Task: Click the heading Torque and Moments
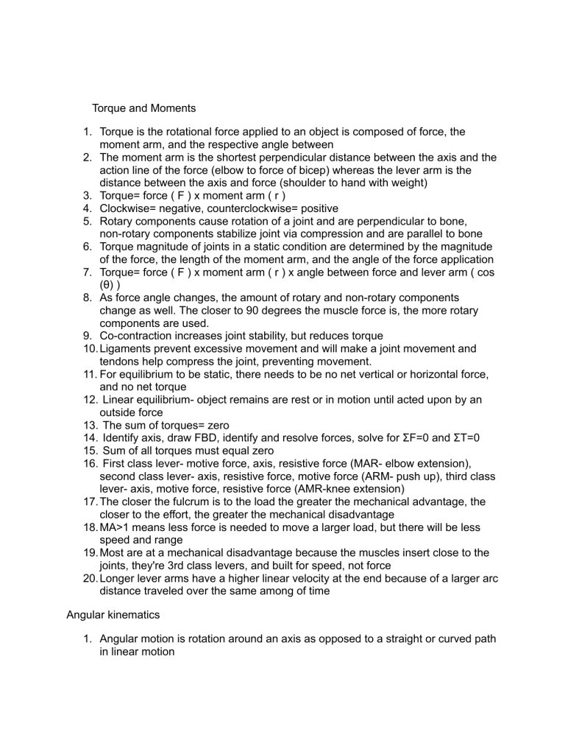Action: [x=143, y=108]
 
